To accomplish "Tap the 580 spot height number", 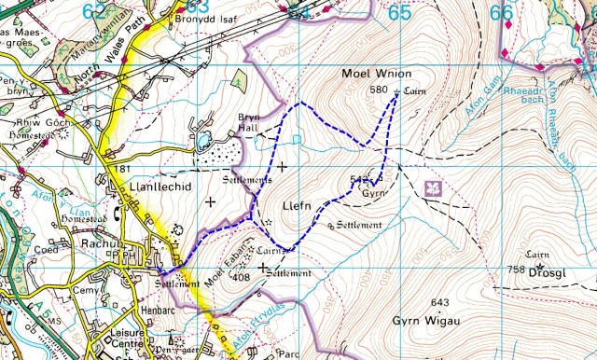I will (x=378, y=90).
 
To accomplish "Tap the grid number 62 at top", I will (x=94, y=11).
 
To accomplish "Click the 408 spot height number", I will (x=241, y=277).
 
